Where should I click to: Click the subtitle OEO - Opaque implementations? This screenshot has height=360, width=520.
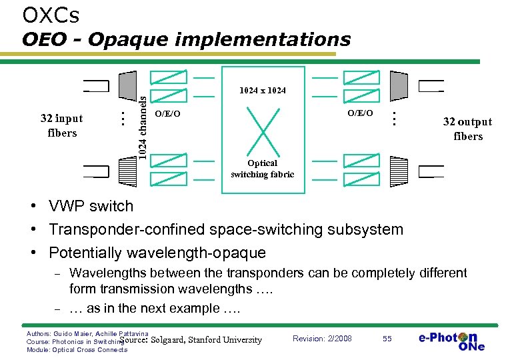186,39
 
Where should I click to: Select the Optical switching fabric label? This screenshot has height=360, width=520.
263,169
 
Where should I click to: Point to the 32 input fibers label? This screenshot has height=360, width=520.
61,125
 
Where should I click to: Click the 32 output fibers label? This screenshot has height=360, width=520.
467,129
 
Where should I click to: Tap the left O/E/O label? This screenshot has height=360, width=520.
167,114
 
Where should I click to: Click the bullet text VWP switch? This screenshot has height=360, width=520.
91,207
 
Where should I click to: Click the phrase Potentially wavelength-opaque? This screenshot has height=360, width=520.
157,253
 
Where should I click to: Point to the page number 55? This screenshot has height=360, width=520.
387,339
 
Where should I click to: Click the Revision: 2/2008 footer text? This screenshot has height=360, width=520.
322,339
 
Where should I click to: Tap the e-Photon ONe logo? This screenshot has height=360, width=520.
451,340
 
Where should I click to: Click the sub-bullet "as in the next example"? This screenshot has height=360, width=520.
155,308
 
